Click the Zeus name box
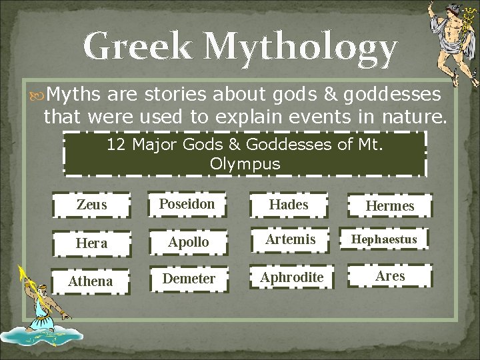tap(91, 205)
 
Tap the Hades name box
tap(289, 205)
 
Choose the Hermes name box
tap(390, 206)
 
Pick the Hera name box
tap(91, 243)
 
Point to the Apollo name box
tap(188, 243)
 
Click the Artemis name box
tap(290, 239)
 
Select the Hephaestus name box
tap(384, 239)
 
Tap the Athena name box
tap(91, 281)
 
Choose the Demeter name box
tap(189, 279)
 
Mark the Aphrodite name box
tap(292, 277)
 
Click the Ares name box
tap(390, 275)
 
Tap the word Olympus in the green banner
tap(245, 164)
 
